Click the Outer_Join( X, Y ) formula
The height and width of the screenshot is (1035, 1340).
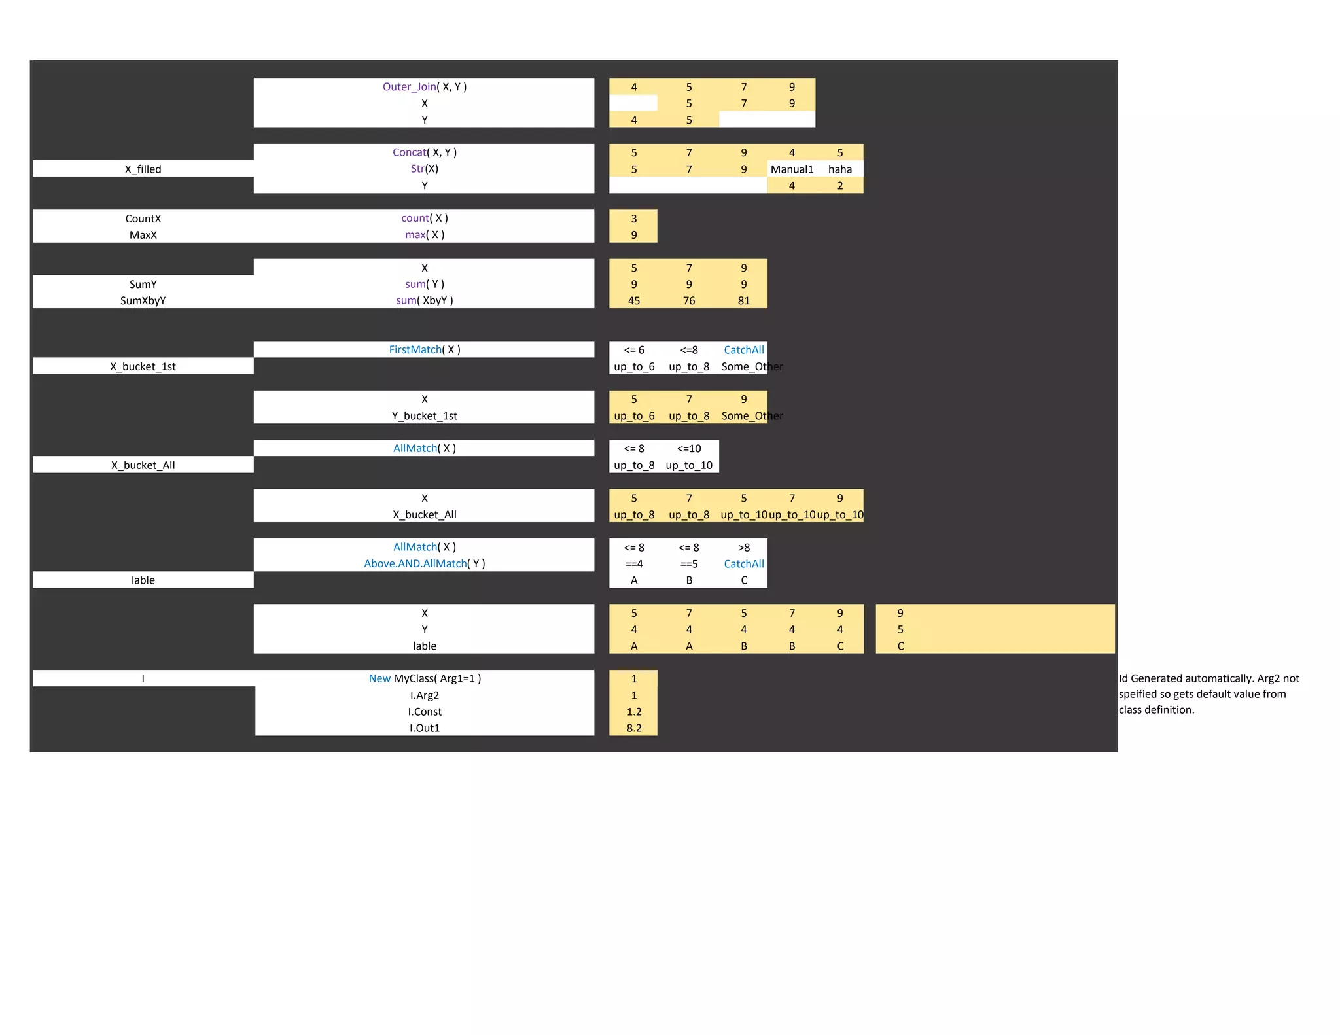coord(424,87)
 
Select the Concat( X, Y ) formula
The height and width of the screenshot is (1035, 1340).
coord(424,152)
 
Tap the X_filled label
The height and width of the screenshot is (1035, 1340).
coord(143,169)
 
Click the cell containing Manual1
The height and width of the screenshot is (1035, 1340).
coord(792,169)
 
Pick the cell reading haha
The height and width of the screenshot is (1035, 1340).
coord(840,169)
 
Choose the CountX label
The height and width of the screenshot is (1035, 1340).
coord(143,219)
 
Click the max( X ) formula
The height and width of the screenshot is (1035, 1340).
coord(424,235)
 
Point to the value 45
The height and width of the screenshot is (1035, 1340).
coord(633,301)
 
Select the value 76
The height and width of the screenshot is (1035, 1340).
coord(688,301)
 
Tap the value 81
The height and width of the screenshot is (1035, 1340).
coord(743,301)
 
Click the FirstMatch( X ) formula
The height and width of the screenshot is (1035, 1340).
coord(424,350)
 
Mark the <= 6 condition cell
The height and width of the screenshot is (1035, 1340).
coord(633,350)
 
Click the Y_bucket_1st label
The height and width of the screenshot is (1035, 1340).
coord(424,416)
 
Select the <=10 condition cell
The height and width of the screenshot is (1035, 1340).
coord(688,449)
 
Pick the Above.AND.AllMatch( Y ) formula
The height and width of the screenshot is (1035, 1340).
coord(424,564)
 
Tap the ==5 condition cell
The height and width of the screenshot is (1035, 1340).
coord(688,564)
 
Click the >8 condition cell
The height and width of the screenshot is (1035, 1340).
coord(743,548)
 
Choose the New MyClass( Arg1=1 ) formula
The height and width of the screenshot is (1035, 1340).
coord(424,679)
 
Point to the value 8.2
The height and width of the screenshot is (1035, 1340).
coord(633,728)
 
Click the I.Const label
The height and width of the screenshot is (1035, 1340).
coord(424,712)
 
